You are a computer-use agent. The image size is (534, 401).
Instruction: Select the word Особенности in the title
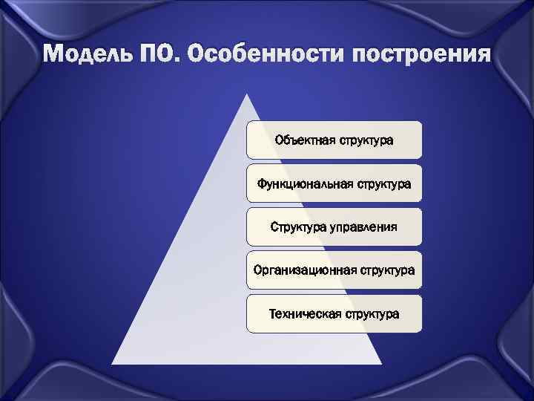(x=261, y=55)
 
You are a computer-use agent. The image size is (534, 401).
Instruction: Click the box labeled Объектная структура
(x=334, y=140)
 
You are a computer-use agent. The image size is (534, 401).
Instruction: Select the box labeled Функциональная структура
(x=334, y=183)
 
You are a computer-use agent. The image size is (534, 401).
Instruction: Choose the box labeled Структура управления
(x=334, y=226)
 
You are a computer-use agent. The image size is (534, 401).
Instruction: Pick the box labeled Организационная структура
(x=334, y=270)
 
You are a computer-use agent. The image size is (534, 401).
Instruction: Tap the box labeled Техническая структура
(x=334, y=314)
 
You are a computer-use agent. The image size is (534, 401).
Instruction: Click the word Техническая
(x=304, y=314)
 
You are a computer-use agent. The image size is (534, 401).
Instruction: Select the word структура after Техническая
(x=372, y=314)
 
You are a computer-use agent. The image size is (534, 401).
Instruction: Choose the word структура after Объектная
(x=366, y=140)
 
